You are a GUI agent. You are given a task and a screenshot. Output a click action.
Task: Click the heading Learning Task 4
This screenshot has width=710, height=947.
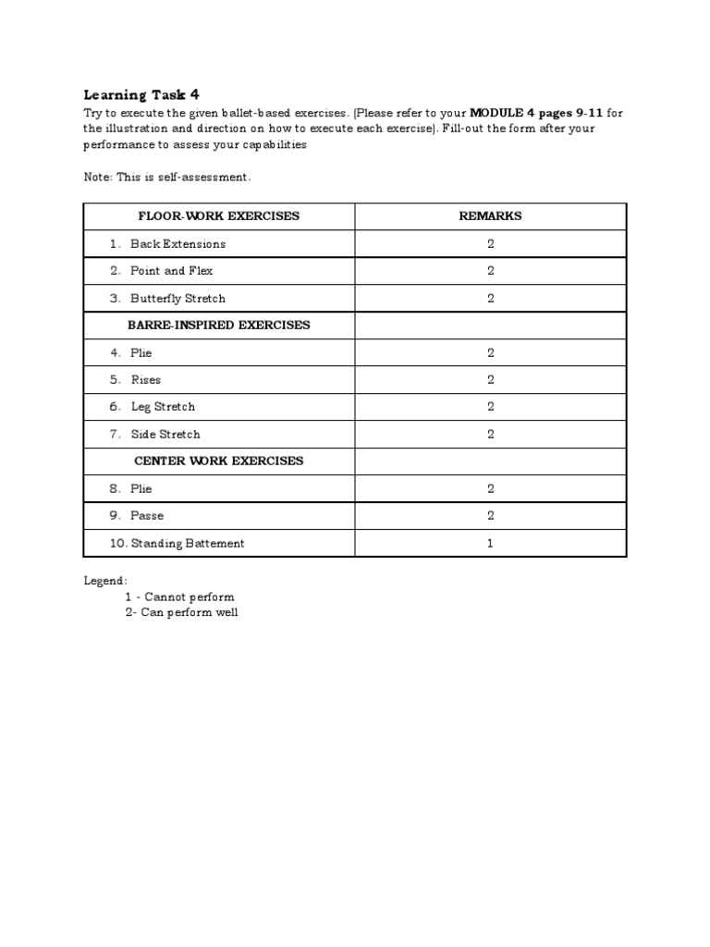pyautogui.click(x=141, y=94)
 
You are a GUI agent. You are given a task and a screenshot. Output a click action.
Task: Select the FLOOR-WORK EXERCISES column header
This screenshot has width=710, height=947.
pyautogui.click(x=219, y=216)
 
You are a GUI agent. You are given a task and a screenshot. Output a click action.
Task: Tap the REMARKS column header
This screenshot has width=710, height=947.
pyautogui.click(x=490, y=216)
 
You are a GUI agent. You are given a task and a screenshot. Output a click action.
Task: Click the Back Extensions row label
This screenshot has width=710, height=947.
pyautogui.click(x=177, y=244)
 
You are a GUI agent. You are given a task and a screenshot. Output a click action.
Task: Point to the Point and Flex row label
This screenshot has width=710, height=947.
pyautogui.click(x=171, y=271)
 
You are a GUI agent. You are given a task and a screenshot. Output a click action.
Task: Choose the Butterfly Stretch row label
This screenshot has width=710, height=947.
pyautogui.click(x=177, y=299)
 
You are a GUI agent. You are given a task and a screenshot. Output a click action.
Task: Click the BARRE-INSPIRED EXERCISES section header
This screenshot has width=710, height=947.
pyautogui.click(x=219, y=326)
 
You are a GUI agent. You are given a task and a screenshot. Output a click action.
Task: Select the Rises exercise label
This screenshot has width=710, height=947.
pyautogui.click(x=145, y=380)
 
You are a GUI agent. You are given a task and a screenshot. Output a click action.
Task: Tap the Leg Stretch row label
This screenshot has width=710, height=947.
pyautogui.click(x=163, y=407)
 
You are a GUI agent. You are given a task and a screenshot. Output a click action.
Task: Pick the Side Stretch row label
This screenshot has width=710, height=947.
pyautogui.click(x=165, y=435)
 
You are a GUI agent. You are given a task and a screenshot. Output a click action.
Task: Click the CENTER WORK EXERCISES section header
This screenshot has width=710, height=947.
pyautogui.click(x=219, y=461)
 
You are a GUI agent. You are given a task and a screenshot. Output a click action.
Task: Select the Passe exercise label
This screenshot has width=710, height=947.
pyautogui.click(x=147, y=516)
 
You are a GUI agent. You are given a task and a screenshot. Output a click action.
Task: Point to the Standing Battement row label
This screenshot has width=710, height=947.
pyautogui.click(x=188, y=544)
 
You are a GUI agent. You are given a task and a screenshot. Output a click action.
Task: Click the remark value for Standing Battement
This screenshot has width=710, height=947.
pyautogui.click(x=490, y=544)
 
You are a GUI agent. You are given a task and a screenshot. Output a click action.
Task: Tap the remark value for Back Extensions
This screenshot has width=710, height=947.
pyautogui.click(x=490, y=244)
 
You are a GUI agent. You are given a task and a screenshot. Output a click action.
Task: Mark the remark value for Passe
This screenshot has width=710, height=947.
pyautogui.click(x=490, y=516)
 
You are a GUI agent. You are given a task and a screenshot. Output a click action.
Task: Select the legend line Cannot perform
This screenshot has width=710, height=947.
pyautogui.click(x=179, y=596)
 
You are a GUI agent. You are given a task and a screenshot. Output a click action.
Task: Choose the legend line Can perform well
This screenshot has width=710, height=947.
pyautogui.click(x=181, y=612)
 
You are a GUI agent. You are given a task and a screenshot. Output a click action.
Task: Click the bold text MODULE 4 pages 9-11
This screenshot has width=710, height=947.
pyautogui.click(x=536, y=113)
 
